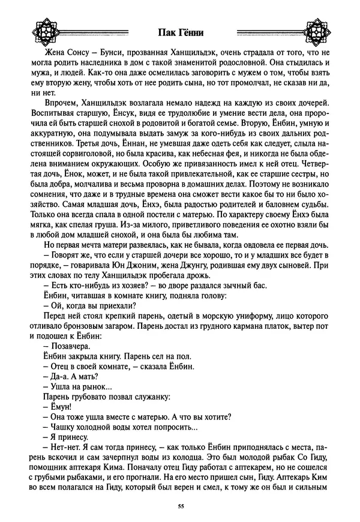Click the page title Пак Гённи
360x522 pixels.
[x=180, y=32]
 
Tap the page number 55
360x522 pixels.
[x=181, y=507]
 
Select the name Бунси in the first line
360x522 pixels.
[x=97, y=53]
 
